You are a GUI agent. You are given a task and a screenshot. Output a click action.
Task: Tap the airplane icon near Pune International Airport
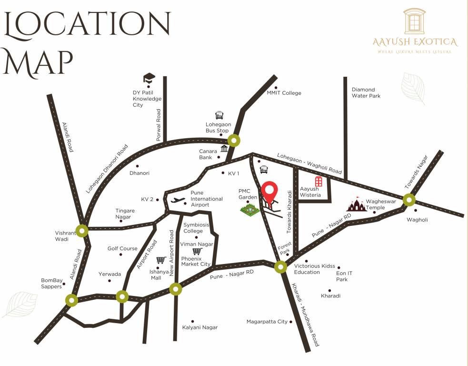(177, 201)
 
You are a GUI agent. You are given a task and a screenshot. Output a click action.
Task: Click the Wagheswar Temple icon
(357, 205)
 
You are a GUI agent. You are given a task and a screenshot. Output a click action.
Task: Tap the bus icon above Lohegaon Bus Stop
(219, 115)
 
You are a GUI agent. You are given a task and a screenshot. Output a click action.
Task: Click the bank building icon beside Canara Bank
(224, 149)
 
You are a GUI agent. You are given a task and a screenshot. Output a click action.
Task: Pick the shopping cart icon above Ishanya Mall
(160, 260)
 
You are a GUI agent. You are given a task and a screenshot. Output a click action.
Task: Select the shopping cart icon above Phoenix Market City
(197, 251)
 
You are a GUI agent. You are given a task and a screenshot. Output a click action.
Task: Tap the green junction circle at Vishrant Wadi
(83, 231)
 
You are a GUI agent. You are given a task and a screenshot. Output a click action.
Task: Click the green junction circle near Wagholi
(409, 200)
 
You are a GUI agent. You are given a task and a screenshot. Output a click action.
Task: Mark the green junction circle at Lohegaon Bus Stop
(233, 141)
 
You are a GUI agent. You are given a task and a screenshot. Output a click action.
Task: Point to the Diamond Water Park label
(363, 92)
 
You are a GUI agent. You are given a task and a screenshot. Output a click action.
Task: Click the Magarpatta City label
(267, 322)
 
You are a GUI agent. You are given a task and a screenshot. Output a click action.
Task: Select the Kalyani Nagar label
(200, 327)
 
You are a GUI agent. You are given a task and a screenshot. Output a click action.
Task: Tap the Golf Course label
(122, 248)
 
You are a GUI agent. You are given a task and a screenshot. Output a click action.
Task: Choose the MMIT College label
(284, 93)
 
